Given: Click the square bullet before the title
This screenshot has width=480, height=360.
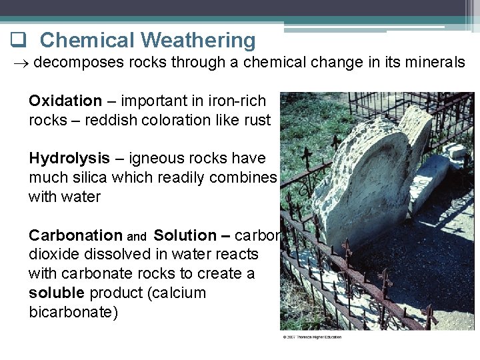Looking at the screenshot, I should click(x=17, y=41).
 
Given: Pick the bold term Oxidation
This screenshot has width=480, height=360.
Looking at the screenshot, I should click(x=65, y=101).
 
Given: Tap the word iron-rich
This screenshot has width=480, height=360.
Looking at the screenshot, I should click(x=237, y=101).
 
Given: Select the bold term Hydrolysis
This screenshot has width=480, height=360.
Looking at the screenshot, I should click(x=69, y=159).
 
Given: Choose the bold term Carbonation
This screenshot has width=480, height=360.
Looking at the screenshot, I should click(x=75, y=236).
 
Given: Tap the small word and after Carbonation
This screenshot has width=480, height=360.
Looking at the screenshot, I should click(x=137, y=237).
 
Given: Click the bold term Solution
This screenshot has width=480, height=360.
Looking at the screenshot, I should click(x=185, y=236).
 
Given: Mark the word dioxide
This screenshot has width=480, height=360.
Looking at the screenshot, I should click(x=53, y=255).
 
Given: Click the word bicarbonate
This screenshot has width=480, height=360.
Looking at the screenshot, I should click(x=73, y=313).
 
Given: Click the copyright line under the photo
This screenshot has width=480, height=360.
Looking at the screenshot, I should click(x=312, y=337).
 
